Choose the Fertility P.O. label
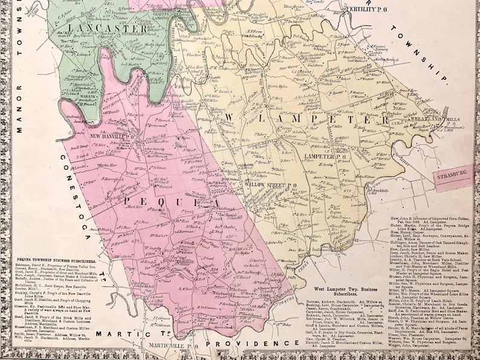(365, 8)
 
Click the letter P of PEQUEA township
(129, 198)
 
